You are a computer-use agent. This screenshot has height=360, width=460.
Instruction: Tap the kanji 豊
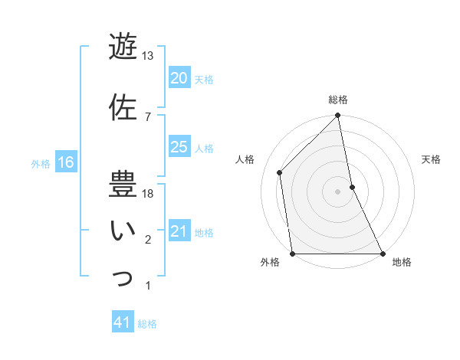123,185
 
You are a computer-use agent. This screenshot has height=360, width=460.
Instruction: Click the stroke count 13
148,56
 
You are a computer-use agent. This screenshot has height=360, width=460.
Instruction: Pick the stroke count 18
148,194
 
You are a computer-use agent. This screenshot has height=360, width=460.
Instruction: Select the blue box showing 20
179,78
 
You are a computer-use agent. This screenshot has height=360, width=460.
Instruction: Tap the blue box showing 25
179,147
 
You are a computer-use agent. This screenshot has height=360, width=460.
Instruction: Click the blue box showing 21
179,231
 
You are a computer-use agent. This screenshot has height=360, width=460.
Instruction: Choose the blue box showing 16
65,162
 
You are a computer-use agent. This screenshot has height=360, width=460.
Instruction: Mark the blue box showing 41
123,323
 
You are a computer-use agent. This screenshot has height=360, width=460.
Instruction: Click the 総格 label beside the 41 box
147,324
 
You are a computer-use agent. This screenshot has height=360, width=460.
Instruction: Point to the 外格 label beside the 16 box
41,163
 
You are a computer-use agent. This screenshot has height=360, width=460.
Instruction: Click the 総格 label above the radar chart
338,100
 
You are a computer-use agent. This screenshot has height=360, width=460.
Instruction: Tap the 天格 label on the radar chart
432,160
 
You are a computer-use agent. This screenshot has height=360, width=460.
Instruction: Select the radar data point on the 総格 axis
338,116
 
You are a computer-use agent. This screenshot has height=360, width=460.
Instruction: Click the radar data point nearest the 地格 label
382,254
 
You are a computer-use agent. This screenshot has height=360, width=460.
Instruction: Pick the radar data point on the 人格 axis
280,172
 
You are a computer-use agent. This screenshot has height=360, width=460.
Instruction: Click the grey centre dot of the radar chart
338,191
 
